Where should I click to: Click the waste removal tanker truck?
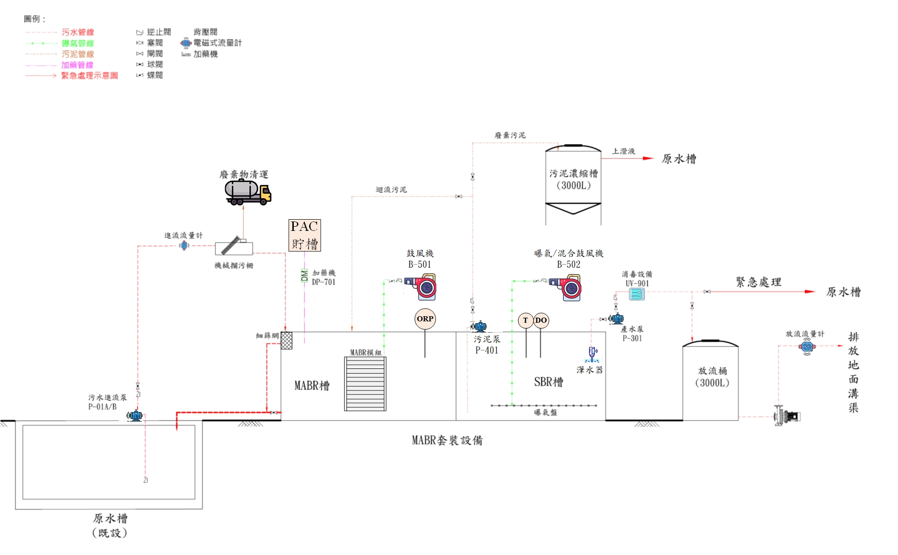[x=248, y=192]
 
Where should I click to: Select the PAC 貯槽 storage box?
[x=304, y=235]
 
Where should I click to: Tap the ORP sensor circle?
[x=425, y=319]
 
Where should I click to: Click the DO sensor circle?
[x=541, y=320]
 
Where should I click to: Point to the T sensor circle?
[x=525, y=320]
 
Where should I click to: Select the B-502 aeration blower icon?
[x=566, y=287]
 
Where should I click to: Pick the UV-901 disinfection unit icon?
[x=636, y=294]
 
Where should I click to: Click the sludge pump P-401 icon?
[x=479, y=326]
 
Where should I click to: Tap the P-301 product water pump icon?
[x=616, y=319]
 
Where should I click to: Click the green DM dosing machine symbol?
[x=304, y=276]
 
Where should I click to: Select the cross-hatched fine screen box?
[x=286, y=340]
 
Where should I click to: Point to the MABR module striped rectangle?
[x=365, y=384]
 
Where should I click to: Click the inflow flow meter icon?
[x=184, y=245]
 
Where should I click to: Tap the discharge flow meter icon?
[x=807, y=347]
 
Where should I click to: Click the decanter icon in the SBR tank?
[x=592, y=354]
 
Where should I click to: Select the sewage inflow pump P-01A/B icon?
[x=135, y=415]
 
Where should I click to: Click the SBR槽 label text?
[x=548, y=382]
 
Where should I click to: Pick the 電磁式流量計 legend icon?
[x=186, y=43]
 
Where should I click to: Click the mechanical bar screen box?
[x=234, y=248]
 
